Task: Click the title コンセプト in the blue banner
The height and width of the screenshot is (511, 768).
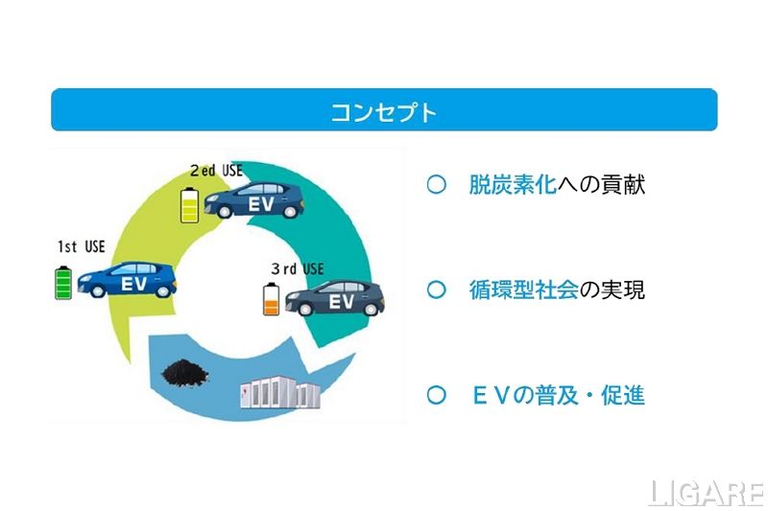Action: pos(384,111)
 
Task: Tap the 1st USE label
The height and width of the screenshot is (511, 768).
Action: pos(81,247)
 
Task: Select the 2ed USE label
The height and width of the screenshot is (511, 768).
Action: pos(216,171)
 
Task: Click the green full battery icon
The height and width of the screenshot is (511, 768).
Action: pos(63,284)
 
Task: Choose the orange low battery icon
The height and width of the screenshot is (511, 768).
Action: pos(271,300)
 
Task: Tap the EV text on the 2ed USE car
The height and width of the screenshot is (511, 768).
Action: pos(262,205)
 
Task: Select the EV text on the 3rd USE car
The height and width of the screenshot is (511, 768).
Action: pos(342,301)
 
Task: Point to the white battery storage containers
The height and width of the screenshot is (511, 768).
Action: pos(278,395)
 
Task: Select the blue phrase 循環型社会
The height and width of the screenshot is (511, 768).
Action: pos(523,290)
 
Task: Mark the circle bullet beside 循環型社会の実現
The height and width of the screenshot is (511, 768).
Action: pos(436,290)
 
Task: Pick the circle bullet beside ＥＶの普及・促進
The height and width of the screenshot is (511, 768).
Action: pos(436,395)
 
